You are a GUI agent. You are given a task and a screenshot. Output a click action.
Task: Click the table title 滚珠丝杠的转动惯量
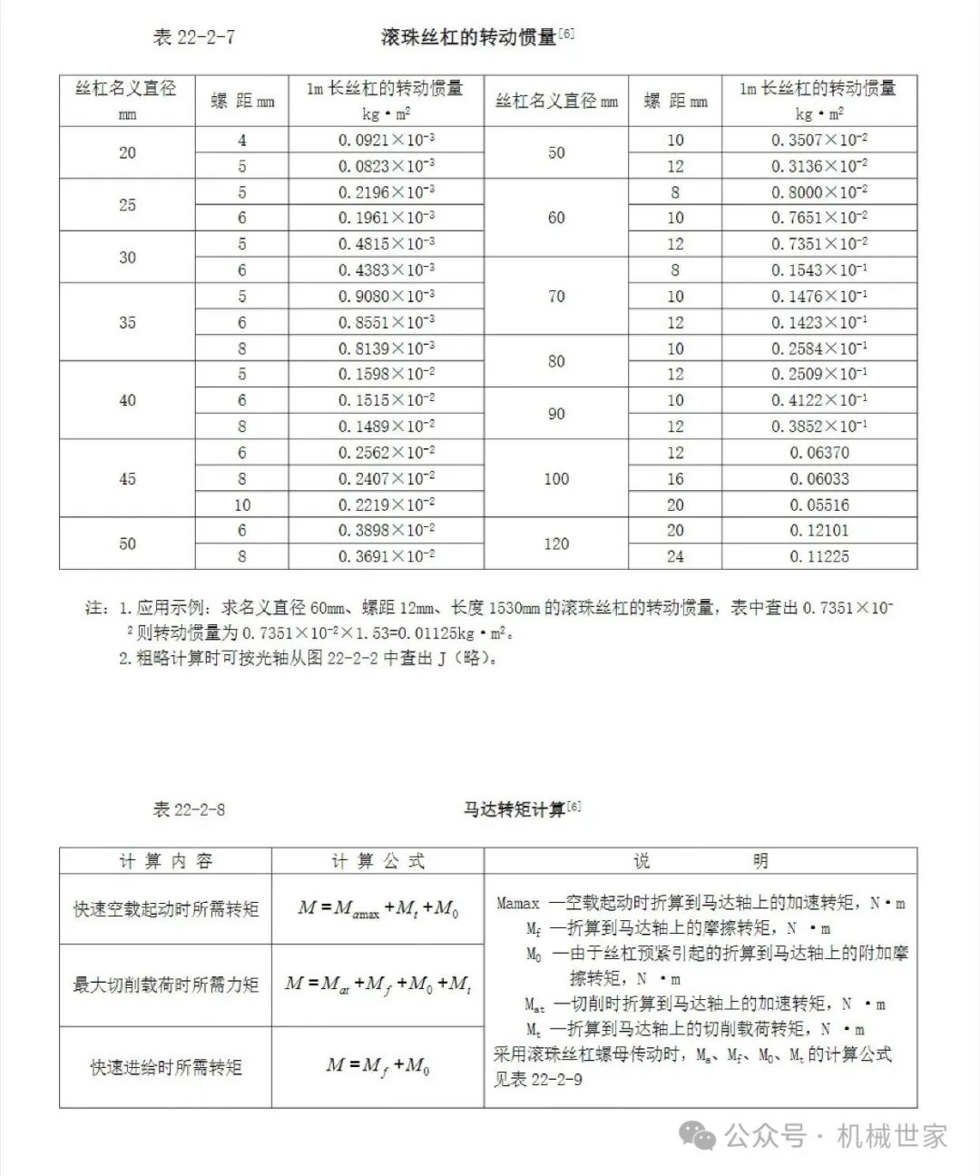pyautogui.click(x=468, y=37)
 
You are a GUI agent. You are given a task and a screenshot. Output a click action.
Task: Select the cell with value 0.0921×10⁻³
pyautogui.click(x=387, y=140)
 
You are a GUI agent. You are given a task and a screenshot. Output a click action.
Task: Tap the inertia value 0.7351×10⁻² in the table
pyautogui.click(x=819, y=244)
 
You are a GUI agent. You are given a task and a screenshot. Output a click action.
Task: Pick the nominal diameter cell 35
pyautogui.click(x=127, y=322)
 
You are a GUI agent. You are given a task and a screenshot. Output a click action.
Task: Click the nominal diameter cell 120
pyautogui.click(x=556, y=544)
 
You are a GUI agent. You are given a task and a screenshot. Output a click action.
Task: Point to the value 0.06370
pyautogui.click(x=819, y=453)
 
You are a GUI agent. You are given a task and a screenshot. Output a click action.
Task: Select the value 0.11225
pyautogui.click(x=819, y=556)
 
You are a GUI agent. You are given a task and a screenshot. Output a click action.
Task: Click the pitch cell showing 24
pyautogui.click(x=675, y=556)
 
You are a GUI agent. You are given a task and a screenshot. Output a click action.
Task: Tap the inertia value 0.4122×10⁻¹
pyautogui.click(x=819, y=400)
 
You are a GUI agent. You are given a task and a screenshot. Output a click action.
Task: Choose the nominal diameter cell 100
pyautogui.click(x=556, y=478)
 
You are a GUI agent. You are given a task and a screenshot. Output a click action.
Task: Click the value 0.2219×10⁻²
pyautogui.click(x=387, y=505)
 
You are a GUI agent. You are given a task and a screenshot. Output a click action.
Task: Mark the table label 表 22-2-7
pyautogui.click(x=194, y=37)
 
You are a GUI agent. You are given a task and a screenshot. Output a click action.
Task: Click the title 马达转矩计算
pyautogui.click(x=514, y=808)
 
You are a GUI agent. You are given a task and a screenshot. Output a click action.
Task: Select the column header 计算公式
pyautogui.click(x=377, y=861)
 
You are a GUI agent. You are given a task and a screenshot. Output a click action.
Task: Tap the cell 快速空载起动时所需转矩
pyautogui.click(x=166, y=908)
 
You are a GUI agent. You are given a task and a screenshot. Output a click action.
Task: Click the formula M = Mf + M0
pyautogui.click(x=377, y=1066)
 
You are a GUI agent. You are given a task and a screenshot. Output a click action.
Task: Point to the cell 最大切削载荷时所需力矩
pyautogui.click(x=166, y=985)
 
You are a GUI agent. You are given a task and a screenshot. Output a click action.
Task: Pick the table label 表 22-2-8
pyautogui.click(x=189, y=809)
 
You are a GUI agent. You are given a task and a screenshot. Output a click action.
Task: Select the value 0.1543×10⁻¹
pyautogui.click(x=819, y=270)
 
